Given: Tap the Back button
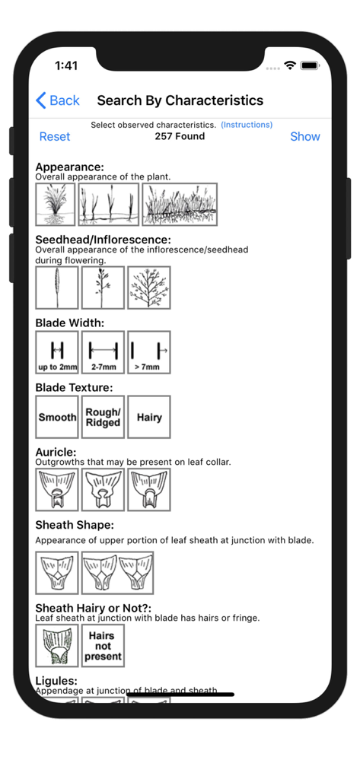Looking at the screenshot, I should [x=57, y=100].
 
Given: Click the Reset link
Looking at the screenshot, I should [x=55, y=137].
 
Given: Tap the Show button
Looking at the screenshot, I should [x=305, y=137].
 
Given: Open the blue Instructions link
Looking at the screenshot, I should [x=247, y=125].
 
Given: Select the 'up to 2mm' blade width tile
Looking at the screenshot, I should [x=57, y=352].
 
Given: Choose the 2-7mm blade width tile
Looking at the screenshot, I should [x=103, y=352].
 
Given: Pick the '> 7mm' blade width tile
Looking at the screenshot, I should [x=148, y=352].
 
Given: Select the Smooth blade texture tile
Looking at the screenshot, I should [x=57, y=417].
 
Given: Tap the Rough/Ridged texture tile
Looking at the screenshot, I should [x=103, y=417].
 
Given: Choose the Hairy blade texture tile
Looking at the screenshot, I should [x=148, y=417].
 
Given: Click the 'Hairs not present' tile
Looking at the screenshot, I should [x=103, y=646].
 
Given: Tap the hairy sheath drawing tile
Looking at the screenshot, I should [x=57, y=646].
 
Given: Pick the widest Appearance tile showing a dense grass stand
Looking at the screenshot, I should [x=180, y=205].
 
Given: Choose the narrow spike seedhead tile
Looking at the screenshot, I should [x=57, y=288].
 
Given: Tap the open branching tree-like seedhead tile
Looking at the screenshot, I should [x=148, y=288].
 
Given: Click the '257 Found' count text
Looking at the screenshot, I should [x=180, y=136].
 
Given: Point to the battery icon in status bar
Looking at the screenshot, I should [x=310, y=66].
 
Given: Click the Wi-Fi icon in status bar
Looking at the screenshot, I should [x=289, y=66].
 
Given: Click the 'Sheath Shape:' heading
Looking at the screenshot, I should [x=75, y=525].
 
